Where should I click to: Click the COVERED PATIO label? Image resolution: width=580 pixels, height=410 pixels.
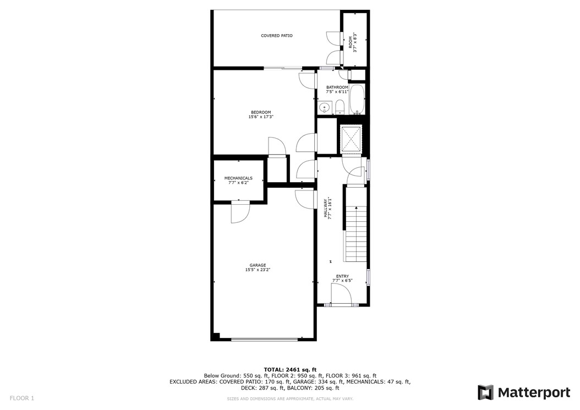[276, 36]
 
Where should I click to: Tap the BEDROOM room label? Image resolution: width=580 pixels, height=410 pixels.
[261, 112]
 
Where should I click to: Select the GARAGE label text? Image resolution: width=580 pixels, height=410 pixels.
[258, 265]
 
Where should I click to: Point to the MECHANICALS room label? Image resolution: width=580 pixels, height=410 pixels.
[238, 178]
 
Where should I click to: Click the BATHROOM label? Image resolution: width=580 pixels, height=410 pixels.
[337, 88]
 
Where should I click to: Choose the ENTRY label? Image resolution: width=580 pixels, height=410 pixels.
[342, 276]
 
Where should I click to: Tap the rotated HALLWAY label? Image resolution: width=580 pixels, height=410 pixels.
[326, 209]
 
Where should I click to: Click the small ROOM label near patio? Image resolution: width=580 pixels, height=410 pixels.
[350, 42]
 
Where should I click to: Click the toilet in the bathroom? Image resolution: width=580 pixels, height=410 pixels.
[339, 107]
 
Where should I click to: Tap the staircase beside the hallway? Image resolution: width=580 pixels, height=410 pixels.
[356, 234]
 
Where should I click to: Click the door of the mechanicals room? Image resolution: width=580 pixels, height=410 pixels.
[240, 212]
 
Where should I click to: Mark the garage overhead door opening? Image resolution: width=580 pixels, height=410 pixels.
[266, 340]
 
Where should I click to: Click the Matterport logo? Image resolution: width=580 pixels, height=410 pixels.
[523, 392]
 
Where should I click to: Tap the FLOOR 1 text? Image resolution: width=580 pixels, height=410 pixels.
[22, 397]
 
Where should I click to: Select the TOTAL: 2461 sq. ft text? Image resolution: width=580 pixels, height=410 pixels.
[290, 369]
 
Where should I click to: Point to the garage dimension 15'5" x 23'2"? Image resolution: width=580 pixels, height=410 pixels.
[258, 270]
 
